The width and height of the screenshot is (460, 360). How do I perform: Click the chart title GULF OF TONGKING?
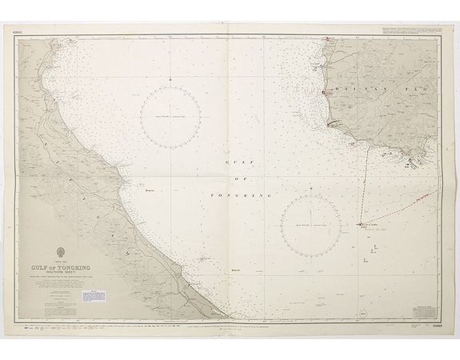pyautogui.click(x=58, y=268)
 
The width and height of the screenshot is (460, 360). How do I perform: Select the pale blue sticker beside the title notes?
pyautogui.click(x=93, y=296)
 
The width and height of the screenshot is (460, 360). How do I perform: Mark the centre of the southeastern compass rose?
pyautogui.click(x=311, y=225)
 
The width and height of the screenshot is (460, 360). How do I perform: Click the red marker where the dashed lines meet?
pyautogui.click(x=361, y=224)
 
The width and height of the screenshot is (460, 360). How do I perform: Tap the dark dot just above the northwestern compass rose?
pyautogui.click(x=170, y=79)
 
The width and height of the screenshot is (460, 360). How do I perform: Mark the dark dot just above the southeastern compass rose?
pyautogui.click(x=311, y=188)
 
